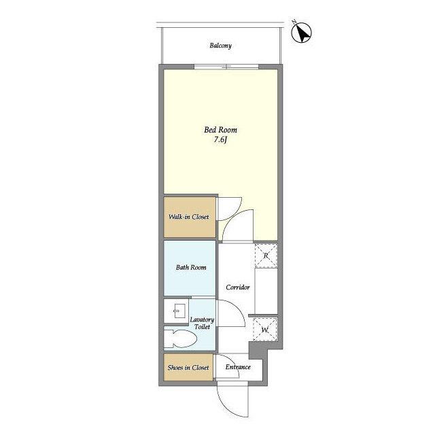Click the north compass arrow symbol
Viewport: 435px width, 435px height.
(302, 32)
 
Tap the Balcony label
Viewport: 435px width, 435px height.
(220, 46)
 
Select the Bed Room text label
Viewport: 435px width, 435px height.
(220, 130)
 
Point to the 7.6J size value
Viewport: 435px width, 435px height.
(220, 140)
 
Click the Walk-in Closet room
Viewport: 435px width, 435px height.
(190, 217)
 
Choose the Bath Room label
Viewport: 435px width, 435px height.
(191, 267)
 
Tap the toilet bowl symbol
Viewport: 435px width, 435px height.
(180, 338)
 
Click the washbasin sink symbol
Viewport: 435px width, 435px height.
(177, 311)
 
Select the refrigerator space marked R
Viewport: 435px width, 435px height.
(266, 256)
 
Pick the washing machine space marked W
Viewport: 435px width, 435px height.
(265, 330)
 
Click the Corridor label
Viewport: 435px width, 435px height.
(238, 287)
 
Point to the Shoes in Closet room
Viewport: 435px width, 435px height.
(188, 367)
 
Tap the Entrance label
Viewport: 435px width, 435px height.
(238, 367)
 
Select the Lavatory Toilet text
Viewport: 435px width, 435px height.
(202, 324)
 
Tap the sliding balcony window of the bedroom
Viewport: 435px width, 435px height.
(226, 67)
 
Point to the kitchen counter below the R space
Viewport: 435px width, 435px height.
(266, 291)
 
